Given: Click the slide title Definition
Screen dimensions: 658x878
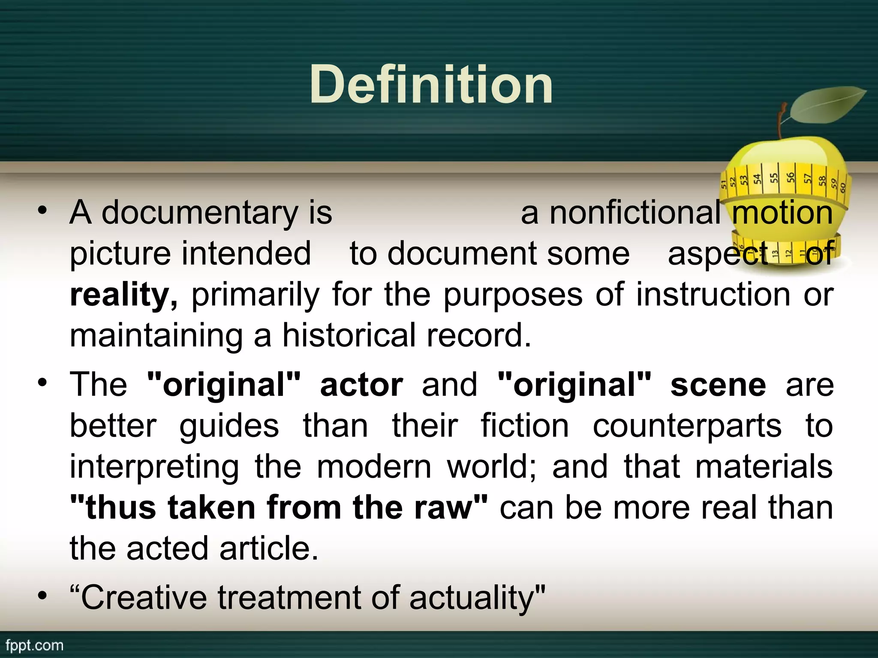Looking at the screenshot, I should [x=431, y=84].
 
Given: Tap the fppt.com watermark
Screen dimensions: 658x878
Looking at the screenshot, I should [x=34, y=645].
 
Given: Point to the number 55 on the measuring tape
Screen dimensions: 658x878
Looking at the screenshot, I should [x=773, y=178].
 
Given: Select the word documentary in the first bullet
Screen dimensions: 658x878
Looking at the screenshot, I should [x=200, y=213].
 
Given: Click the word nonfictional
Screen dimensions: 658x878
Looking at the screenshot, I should [x=635, y=213].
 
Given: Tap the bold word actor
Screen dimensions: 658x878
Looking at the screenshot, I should [x=361, y=385].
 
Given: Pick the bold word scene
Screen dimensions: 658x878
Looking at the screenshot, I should [x=718, y=385].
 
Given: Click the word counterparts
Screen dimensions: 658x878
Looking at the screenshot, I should [x=687, y=426].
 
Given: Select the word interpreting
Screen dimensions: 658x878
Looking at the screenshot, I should [x=154, y=467].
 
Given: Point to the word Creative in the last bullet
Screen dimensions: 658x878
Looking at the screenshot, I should [x=144, y=598].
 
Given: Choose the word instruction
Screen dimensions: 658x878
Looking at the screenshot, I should [x=713, y=295].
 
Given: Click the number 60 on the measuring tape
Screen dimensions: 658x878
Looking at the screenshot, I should [x=842, y=187].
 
